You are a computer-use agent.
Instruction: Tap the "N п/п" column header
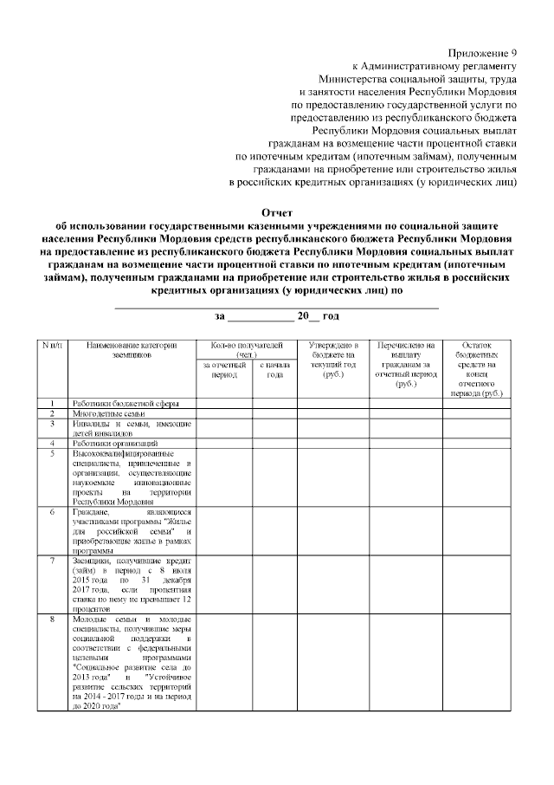[53, 347]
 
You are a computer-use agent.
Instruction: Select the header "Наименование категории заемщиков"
[132, 351]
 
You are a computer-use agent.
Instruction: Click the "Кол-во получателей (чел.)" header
[247, 351]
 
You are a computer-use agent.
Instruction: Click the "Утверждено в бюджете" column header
[333, 360]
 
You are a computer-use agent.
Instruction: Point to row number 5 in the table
[53, 452]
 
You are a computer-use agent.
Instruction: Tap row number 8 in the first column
[53, 620]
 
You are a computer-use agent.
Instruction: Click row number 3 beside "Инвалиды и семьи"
[53, 424]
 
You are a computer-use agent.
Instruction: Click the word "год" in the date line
[330, 317]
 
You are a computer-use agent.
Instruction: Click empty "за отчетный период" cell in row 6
[224, 530]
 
